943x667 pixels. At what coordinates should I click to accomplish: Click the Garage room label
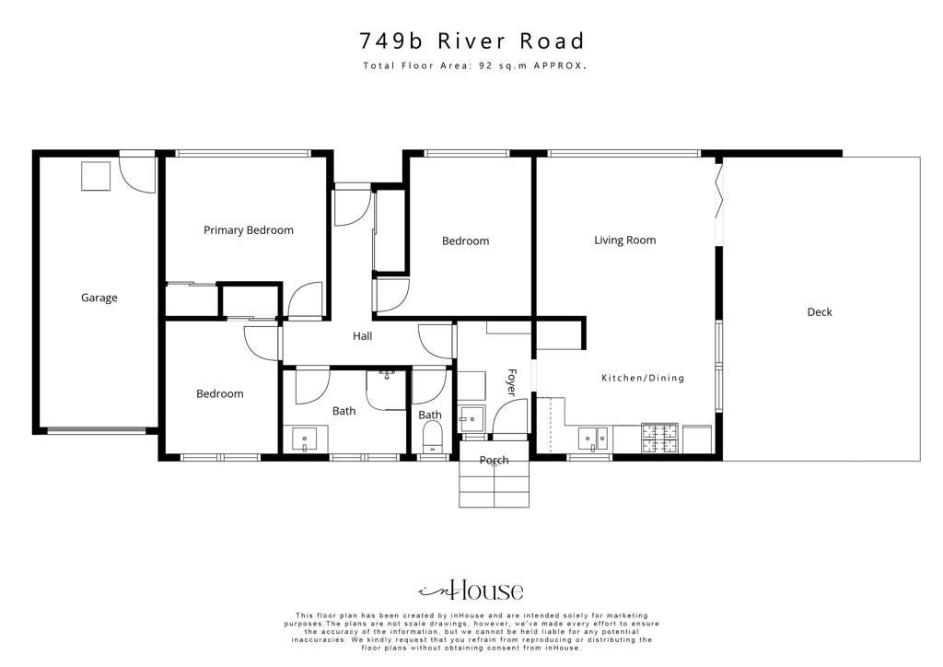(99, 298)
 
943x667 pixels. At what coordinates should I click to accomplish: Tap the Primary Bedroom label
(249, 230)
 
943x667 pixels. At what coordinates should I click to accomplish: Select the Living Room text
(625, 240)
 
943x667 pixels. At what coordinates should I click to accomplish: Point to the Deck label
(820, 312)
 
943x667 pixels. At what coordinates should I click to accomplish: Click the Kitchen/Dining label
(643, 378)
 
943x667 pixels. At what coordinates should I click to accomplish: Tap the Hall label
(362, 336)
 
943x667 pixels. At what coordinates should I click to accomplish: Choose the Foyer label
(512, 382)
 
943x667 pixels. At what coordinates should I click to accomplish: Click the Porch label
(494, 460)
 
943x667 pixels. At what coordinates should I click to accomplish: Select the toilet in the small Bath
(432, 437)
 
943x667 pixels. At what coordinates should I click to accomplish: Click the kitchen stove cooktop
(659, 439)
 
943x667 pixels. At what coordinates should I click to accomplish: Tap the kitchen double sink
(593, 439)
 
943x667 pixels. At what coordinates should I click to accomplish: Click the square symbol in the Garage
(96, 176)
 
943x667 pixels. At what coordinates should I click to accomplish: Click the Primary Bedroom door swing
(307, 300)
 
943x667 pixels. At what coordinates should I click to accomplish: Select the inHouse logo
(471, 591)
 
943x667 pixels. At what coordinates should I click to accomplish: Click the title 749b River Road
(472, 41)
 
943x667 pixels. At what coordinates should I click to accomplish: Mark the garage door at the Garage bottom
(96, 430)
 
